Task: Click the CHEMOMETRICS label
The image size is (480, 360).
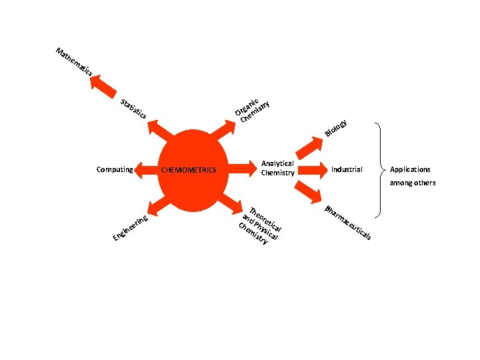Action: tap(189, 170)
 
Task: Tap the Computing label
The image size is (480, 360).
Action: tap(115, 169)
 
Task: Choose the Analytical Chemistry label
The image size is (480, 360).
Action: tap(278, 168)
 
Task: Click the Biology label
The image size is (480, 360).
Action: tap(336, 128)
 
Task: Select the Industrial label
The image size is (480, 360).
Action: tap(347, 169)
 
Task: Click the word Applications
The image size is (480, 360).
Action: tap(410, 169)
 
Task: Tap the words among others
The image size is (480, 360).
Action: tap(413, 183)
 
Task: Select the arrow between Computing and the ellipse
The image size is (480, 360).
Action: tap(145, 169)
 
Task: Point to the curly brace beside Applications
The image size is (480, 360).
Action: tap(381, 169)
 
